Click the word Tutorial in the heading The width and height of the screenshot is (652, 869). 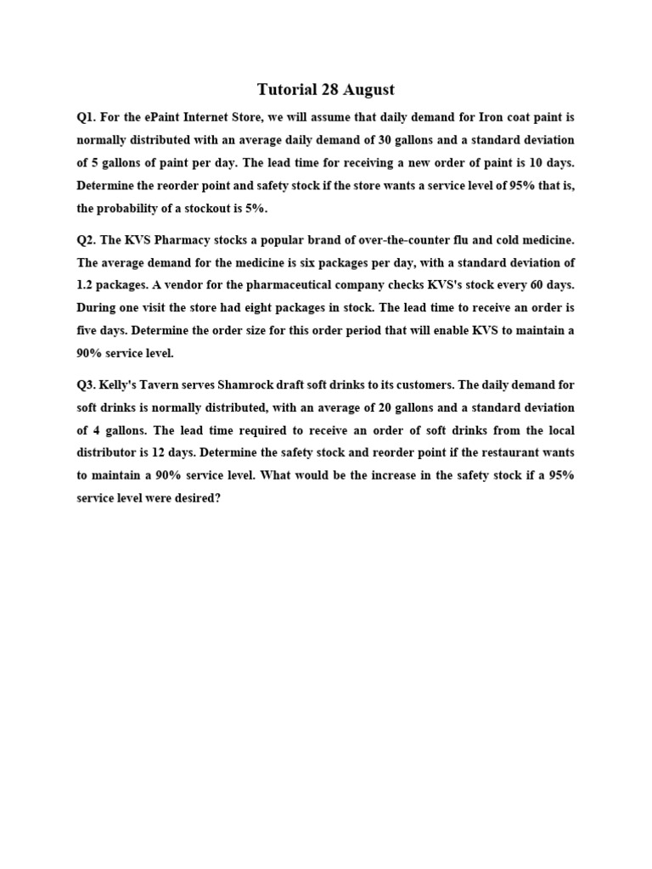(x=286, y=89)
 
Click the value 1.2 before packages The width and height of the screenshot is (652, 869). (x=87, y=285)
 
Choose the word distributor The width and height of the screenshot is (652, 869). (x=104, y=453)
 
